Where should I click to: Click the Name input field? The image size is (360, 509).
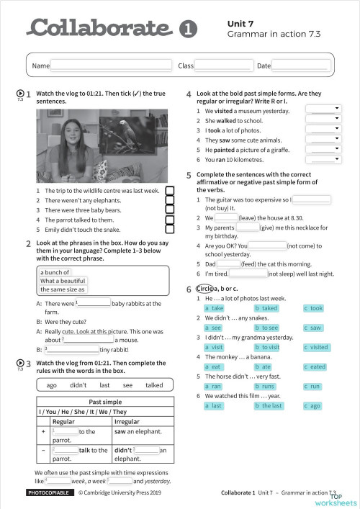pos(112,66)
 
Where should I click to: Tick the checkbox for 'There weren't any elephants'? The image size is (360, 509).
pos(171,200)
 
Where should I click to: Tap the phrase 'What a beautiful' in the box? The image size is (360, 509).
pos(63,281)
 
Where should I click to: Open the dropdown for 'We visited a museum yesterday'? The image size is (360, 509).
pos(323,109)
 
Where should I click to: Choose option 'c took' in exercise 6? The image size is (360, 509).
pos(314,308)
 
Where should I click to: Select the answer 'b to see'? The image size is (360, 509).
pos(267,328)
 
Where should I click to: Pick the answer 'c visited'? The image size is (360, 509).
pos(315,347)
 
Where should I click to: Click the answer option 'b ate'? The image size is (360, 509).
pos(264,366)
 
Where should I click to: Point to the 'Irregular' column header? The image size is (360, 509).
pos(127,421)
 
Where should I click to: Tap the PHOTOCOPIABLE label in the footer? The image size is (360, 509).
pos(48,493)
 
